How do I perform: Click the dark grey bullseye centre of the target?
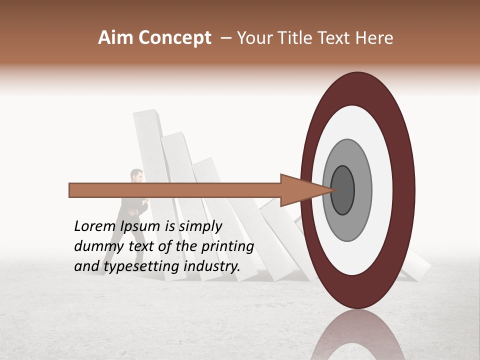coord(342,190)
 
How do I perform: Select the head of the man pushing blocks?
coord(136,175)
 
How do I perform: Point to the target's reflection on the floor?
coord(357,335)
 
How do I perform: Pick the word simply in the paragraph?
coord(200,226)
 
